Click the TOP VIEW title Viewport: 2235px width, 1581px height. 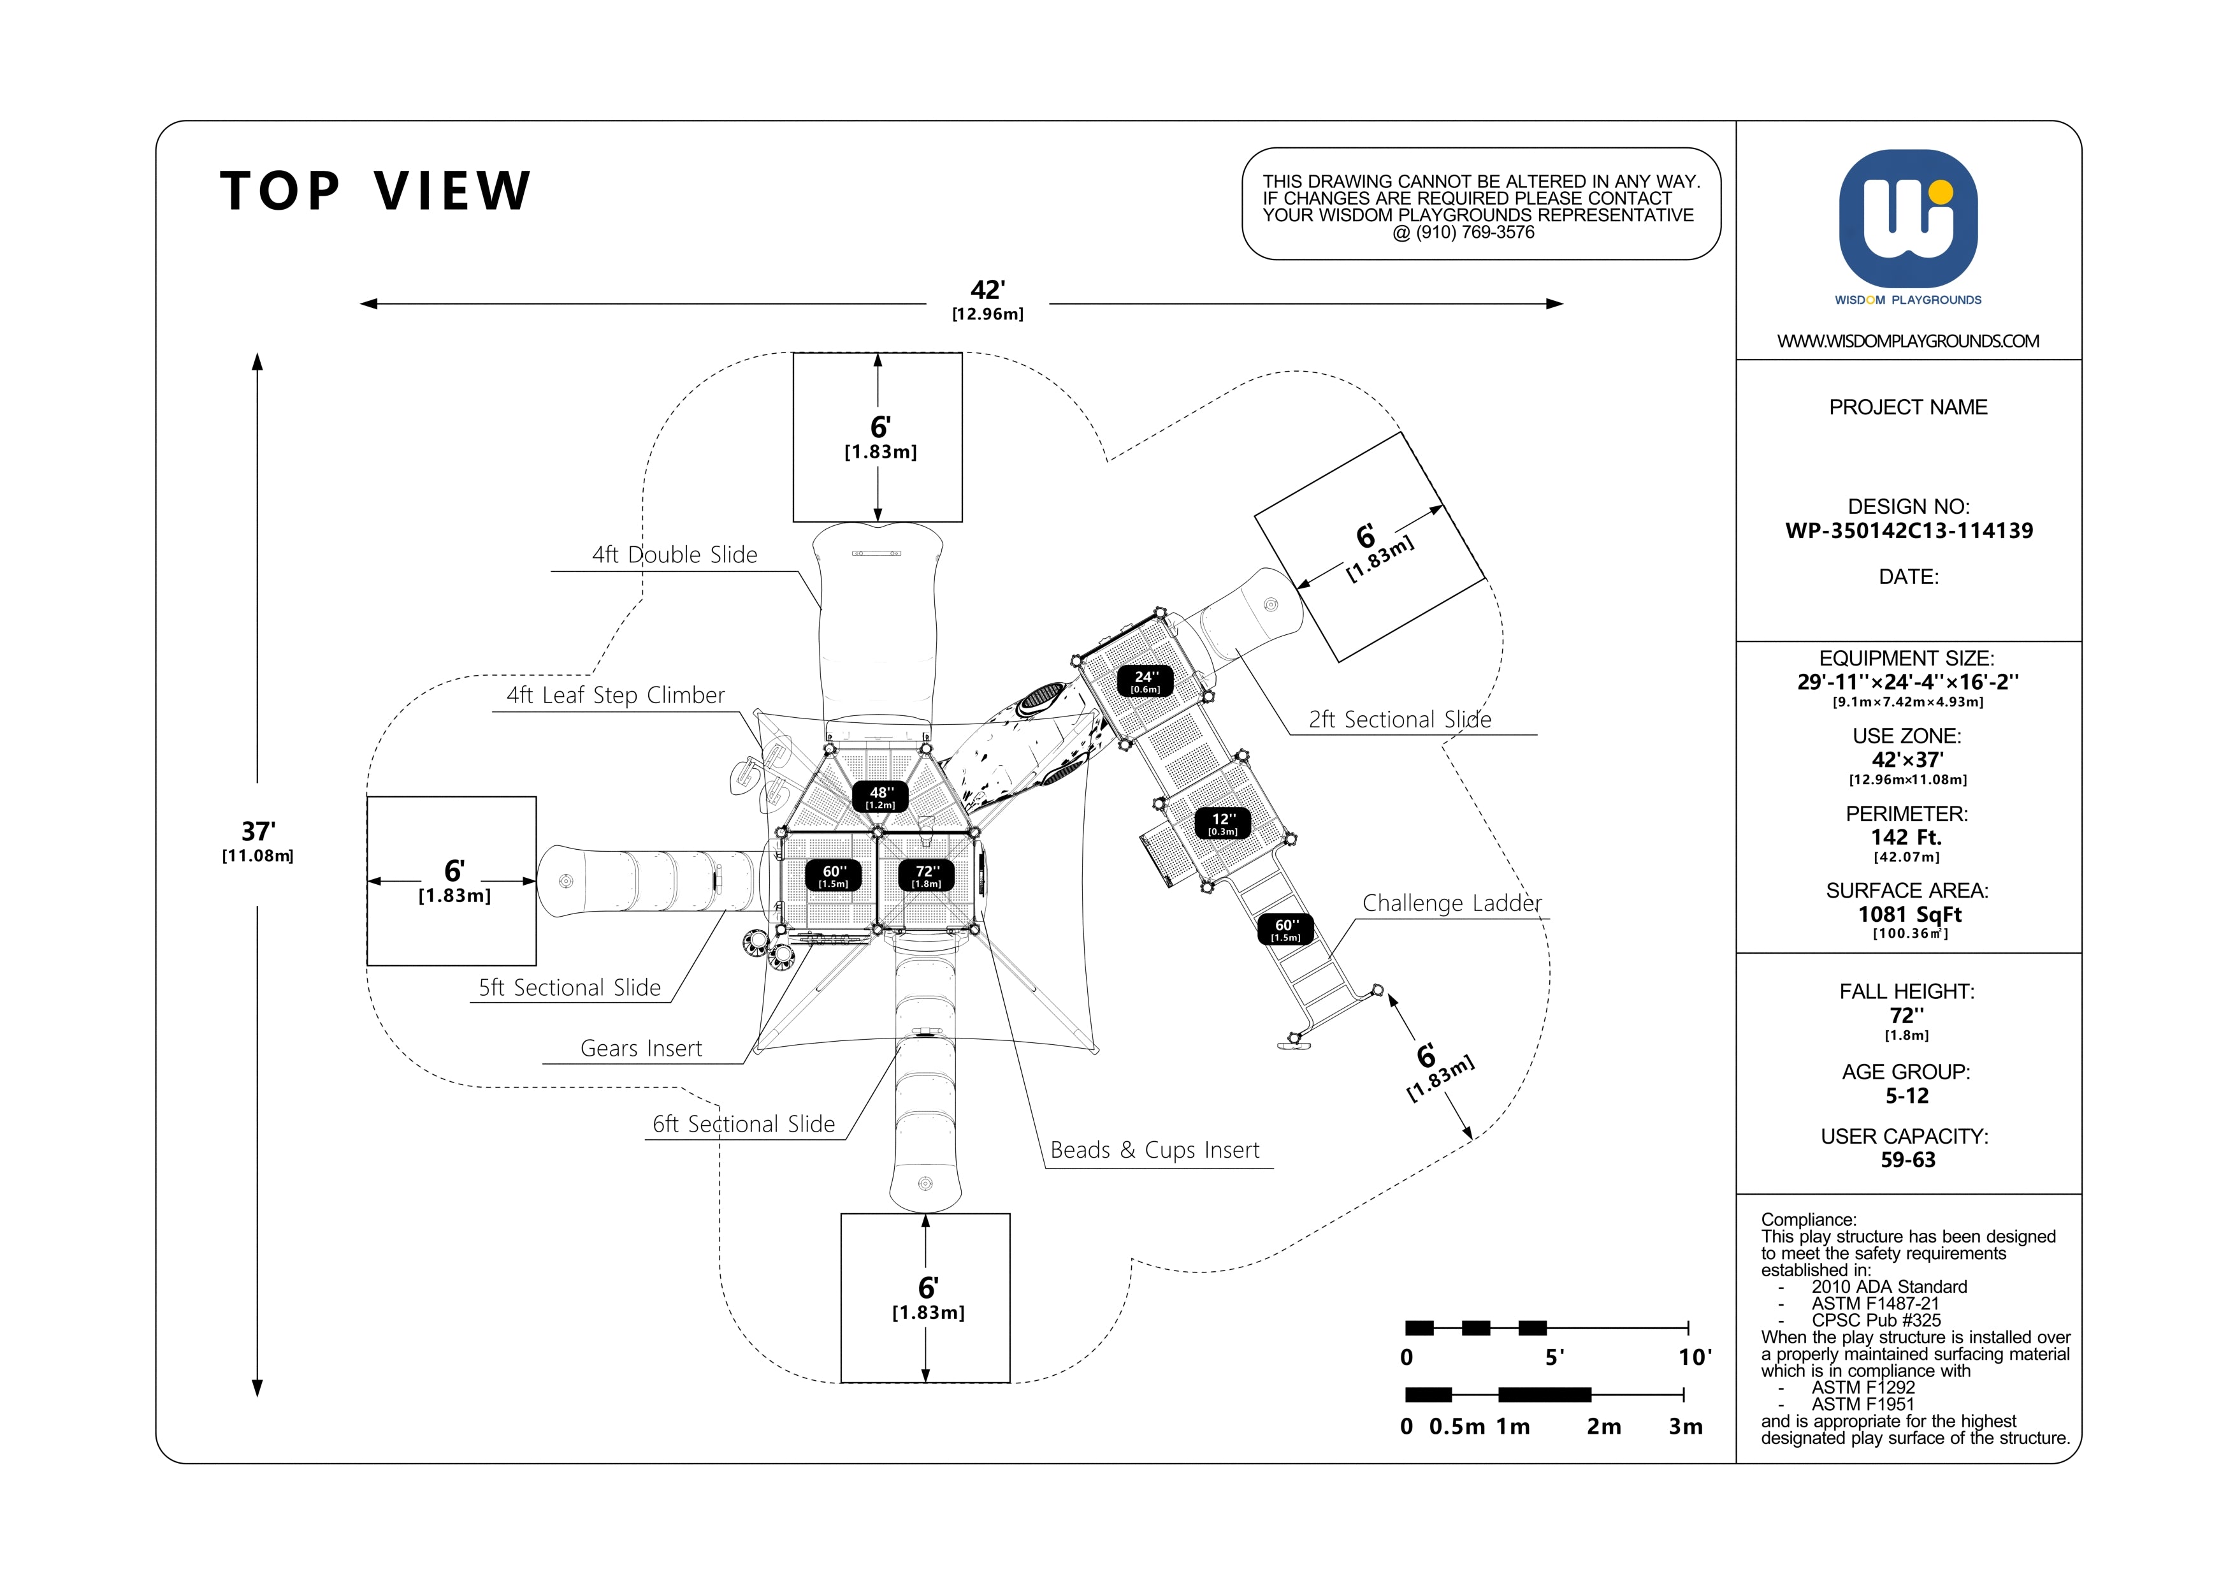[x=376, y=191]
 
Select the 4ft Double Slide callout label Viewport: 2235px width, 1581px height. [x=675, y=555]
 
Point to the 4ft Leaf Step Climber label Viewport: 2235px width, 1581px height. [x=615, y=695]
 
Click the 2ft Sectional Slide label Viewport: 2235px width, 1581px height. [x=1400, y=720]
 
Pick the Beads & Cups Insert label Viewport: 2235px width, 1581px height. [x=1155, y=1151]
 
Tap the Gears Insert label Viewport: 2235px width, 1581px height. [x=642, y=1049]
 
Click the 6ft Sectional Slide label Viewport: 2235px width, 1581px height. [x=744, y=1125]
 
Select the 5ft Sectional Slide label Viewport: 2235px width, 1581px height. [x=570, y=988]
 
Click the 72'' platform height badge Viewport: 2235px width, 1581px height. [x=927, y=876]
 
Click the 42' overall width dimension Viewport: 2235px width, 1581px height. [x=988, y=300]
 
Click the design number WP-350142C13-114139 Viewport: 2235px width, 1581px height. [x=1909, y=530]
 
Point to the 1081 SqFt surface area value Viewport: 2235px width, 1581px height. [x=1909, y=914]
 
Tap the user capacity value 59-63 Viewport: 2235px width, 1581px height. [x=1908, y=1160]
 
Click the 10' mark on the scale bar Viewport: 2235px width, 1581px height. [x=1695, y=1357]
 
